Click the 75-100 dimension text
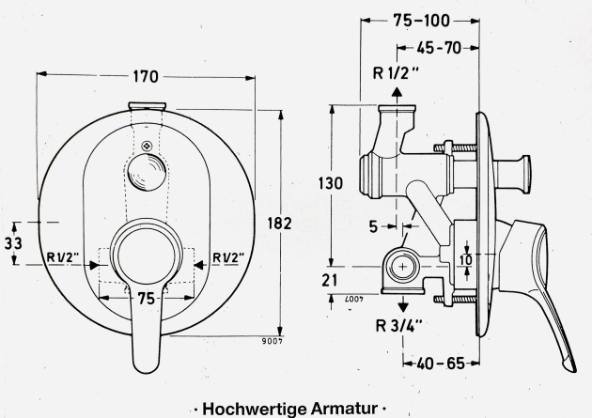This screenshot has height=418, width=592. [x=421, y=20]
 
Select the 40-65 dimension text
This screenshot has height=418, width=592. [x=440, y=361]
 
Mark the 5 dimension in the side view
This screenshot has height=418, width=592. [x=373, y=225]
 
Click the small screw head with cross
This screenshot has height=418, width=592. [x=146, y=145]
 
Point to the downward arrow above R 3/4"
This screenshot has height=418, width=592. [x=403, y=304]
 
